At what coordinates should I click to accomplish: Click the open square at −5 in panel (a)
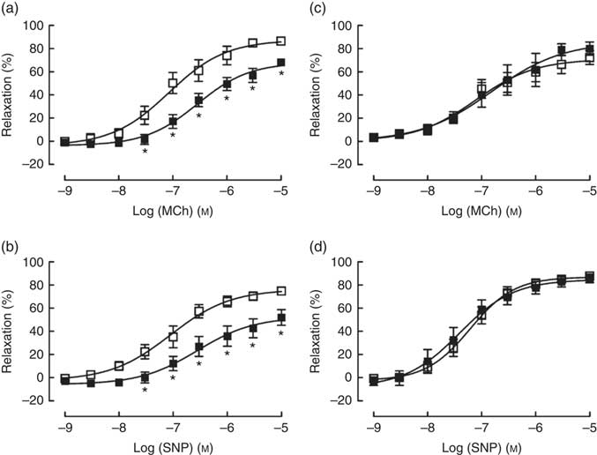[281, 41]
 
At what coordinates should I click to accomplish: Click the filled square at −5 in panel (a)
[281, 62]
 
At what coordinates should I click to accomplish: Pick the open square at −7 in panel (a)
[173, 83]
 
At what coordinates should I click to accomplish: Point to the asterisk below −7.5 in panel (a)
[145, 153]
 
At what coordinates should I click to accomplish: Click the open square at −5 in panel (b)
[281, 290]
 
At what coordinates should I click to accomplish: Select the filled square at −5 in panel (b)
[281, 317]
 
